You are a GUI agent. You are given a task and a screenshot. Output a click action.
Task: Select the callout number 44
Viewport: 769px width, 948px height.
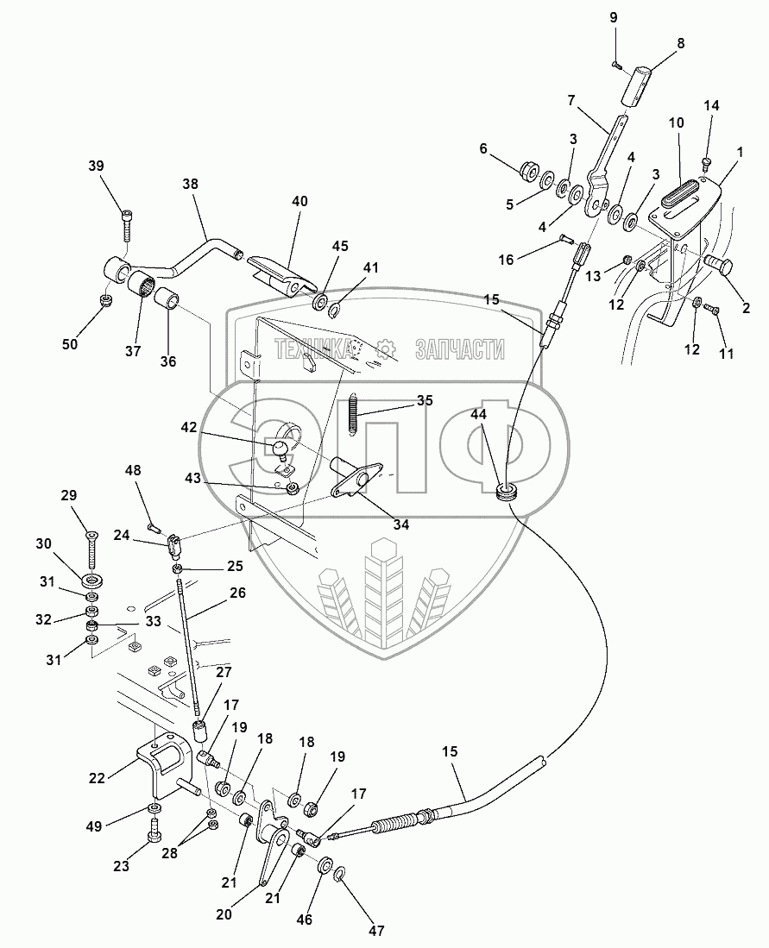479,416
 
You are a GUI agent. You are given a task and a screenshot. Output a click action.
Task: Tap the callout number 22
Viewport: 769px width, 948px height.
97,777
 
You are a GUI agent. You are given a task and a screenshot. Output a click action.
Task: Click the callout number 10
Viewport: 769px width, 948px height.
676,123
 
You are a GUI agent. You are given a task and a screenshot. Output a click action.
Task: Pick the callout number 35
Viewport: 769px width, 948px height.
425,400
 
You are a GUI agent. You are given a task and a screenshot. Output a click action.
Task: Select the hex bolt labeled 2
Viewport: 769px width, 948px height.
718,266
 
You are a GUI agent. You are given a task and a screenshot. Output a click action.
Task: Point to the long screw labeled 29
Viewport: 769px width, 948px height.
91,551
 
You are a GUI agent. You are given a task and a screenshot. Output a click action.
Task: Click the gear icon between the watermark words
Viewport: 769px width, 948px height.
387,348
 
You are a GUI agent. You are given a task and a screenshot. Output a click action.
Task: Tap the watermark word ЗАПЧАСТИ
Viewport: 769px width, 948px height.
460,348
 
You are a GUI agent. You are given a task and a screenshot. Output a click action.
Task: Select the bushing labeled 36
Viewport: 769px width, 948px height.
168,303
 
